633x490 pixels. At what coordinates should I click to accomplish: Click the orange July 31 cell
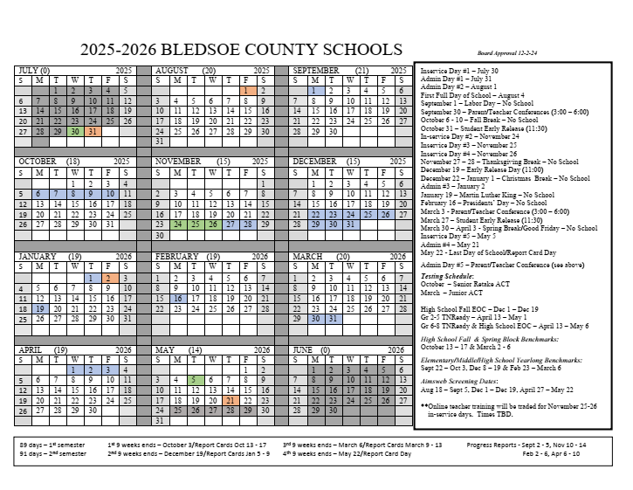click(x=93, y=131)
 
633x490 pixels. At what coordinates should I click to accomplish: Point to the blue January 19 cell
click(x=39, y=308)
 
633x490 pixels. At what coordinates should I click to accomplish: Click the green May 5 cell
click(x=193, y=379)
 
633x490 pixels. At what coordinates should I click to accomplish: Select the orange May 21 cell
click(x=230, y=400)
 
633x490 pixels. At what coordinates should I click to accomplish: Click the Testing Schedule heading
click(x=451, y=274)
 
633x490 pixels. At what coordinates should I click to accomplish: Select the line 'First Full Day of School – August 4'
click(x=471, y=93)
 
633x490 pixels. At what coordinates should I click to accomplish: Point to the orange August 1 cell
click(x=248, y=90)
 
